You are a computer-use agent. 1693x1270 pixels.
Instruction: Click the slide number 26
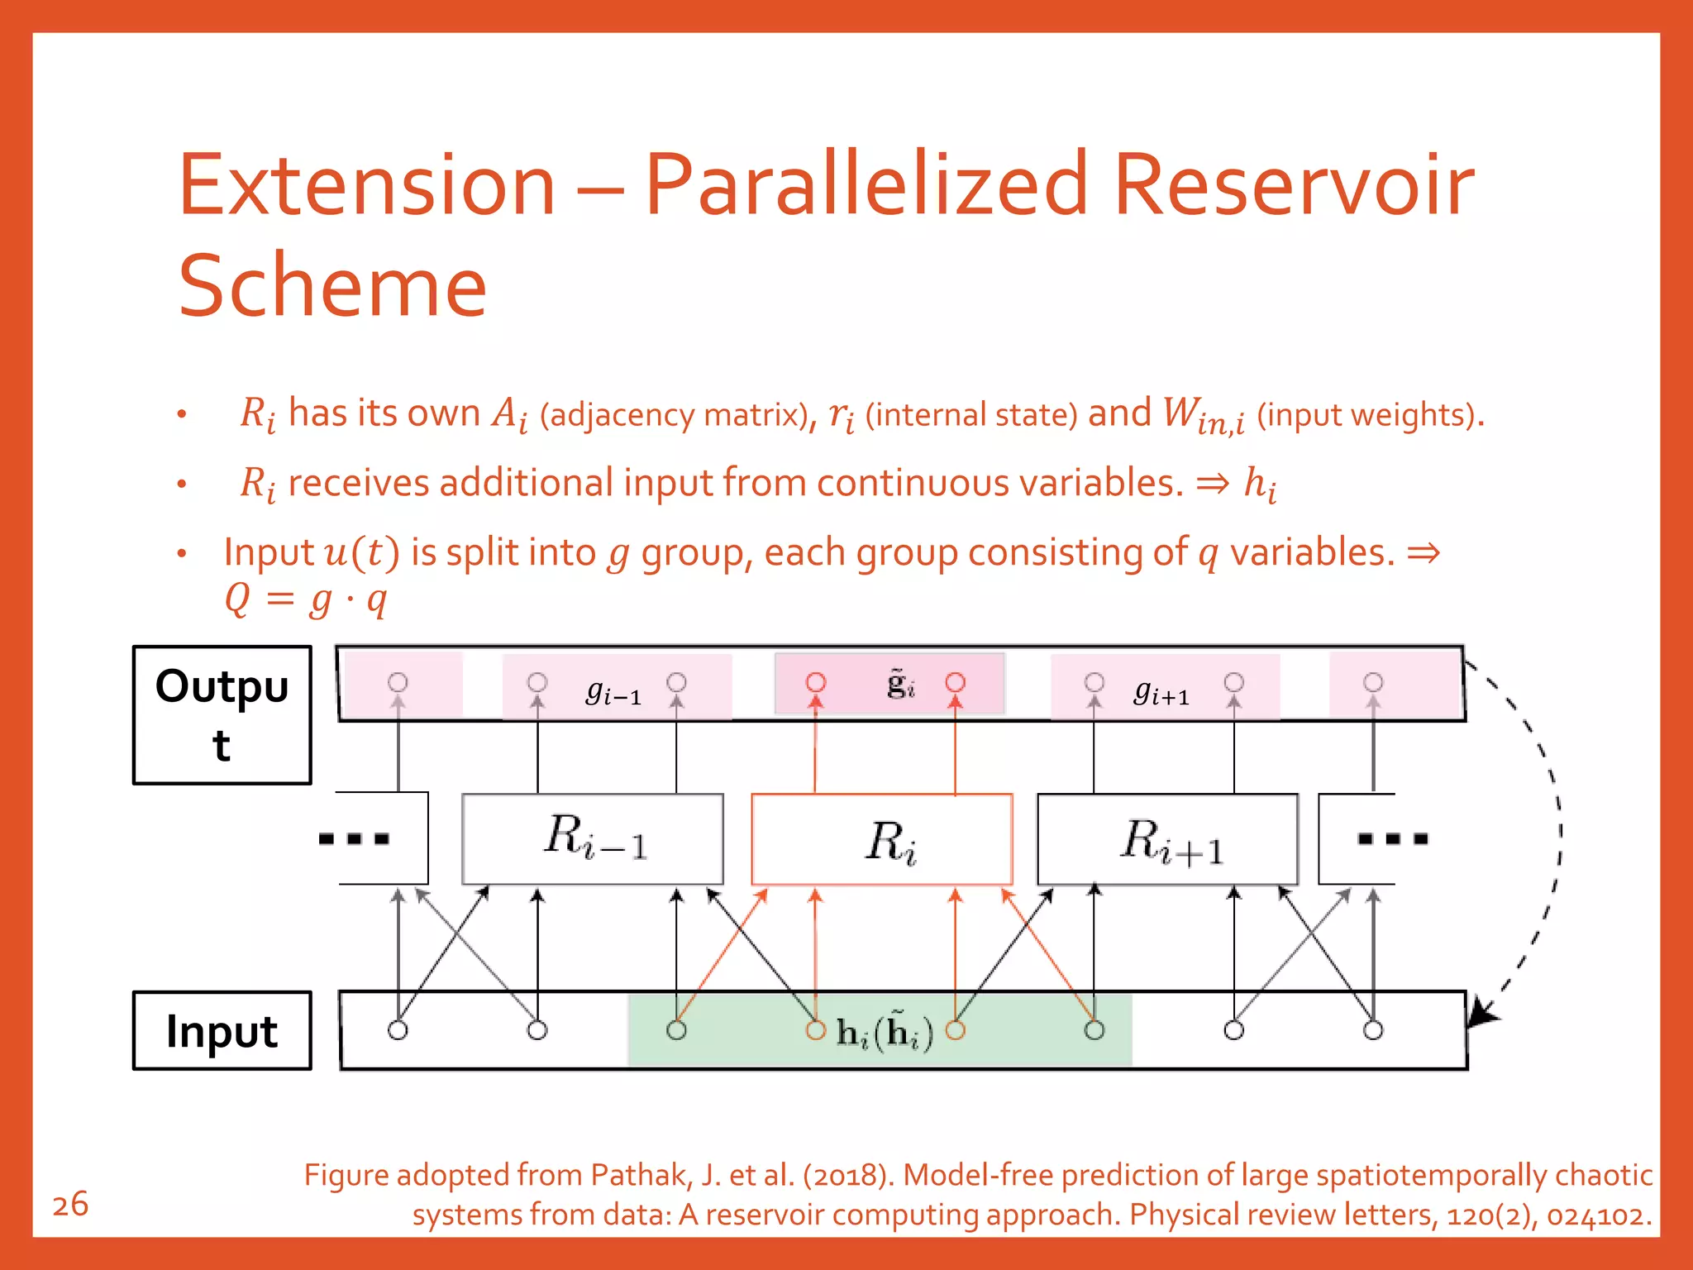point(70,1205)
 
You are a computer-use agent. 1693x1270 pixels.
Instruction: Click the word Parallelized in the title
point(865,186)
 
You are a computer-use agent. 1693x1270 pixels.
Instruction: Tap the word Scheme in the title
point(332,286)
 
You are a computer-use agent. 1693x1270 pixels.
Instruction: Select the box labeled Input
point(222,1031)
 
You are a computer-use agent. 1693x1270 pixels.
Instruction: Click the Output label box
point(222,715)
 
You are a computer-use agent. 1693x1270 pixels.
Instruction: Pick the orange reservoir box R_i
point(882,839)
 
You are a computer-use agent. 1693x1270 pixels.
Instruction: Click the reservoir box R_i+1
point(1167,839)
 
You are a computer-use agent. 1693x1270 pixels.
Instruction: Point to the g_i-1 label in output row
point(613,690)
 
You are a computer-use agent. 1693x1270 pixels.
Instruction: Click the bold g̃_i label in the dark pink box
point(900,684)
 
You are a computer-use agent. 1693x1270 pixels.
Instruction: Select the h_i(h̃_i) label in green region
point(885,1032)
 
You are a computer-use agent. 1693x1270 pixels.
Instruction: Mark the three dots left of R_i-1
point(354,839)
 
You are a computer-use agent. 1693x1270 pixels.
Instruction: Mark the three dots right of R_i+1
point(1392,839)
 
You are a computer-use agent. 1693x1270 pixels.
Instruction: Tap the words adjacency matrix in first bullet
point(674,415)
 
